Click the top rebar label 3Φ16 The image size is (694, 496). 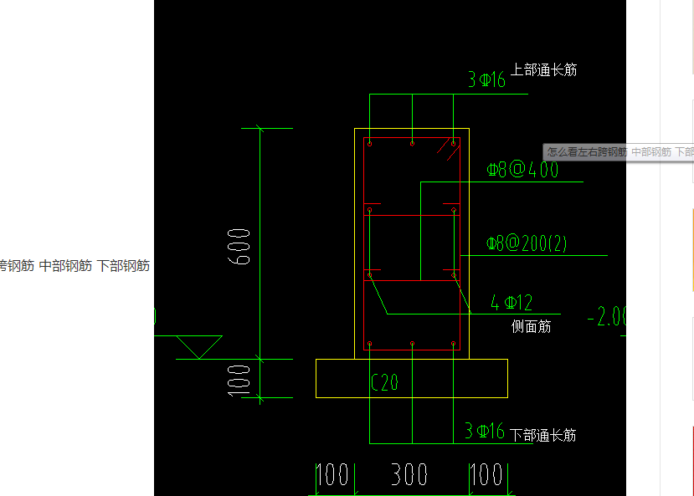point(486,80)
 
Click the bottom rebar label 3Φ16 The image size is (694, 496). point(485,432)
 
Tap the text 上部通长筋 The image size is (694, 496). point(544,70)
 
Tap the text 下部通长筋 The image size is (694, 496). point(543,435)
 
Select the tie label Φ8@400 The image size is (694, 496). point(522,171)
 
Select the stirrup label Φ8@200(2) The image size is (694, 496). point(527,244)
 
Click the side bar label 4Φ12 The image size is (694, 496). point(512,303)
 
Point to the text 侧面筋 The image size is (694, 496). point(532,326)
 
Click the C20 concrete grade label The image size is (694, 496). point(384,383)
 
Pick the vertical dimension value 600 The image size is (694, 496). point(239,246)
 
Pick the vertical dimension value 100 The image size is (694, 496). point(239,378)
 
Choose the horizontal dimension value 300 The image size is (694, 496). point(410,475)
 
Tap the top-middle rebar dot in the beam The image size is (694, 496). point(412,144)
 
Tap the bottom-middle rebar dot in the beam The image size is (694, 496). point(412,344)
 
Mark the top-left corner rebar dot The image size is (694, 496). point(370,145)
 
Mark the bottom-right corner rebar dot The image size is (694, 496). point(453,344)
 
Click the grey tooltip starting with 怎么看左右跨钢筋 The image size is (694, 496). point(619,152)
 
